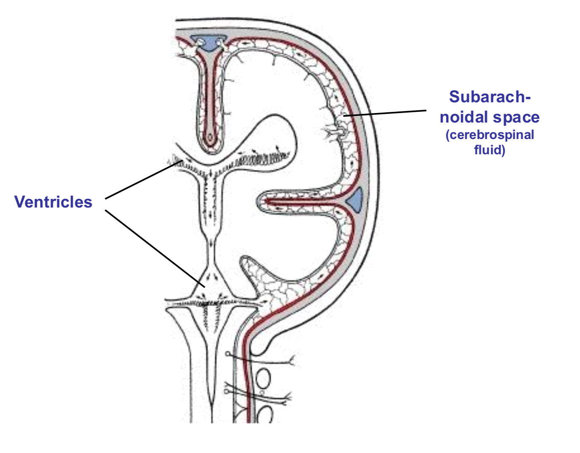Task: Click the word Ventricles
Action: click(53, 202)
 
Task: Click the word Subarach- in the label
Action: click(490, 97)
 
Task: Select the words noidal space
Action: click(490, 117)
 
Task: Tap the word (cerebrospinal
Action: click(490, 135)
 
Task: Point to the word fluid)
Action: click(490, 149)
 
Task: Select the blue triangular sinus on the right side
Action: click(355, 201)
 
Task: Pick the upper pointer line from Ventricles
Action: click(142, 180)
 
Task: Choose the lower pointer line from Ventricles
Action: click(155, 248)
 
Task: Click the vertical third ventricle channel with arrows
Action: click(211, 198)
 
